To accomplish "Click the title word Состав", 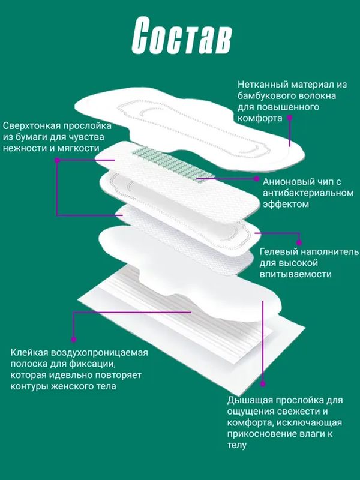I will [x=180, y=40].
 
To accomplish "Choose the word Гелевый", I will [x=278, y=251].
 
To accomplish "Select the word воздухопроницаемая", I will [x=98, y=353].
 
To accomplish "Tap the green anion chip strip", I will [x=172, y=163].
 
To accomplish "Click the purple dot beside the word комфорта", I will [x=289, y=118].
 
